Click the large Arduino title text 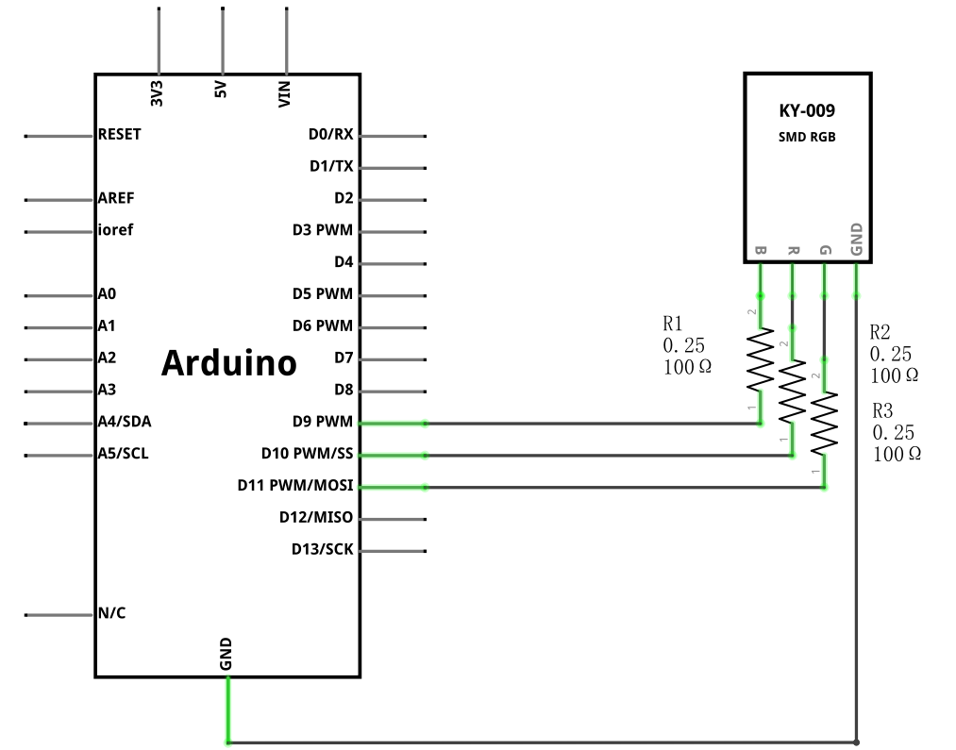(228, 363)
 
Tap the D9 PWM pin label (323, 422)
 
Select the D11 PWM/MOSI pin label (295, 486)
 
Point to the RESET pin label (120, 134)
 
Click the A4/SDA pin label (125, 422)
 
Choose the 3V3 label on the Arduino (157, 93)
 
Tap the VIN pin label (284, 94)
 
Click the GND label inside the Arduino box (226, 655)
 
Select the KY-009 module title (807, 111)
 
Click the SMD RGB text (807, 137)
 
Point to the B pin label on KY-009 (761, 250)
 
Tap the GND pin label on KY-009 (856, 240)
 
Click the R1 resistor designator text (673, 323)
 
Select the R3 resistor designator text (882, 410)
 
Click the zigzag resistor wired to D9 (761, 359)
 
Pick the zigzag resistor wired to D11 (824, 424)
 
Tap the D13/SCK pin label (323, 550)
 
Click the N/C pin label (112, 613)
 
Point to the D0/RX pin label (331, 134)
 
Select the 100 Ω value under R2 (895, 375)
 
